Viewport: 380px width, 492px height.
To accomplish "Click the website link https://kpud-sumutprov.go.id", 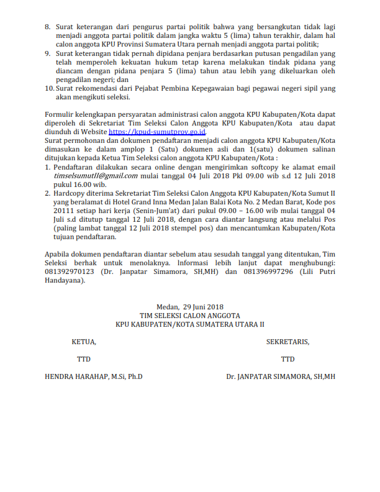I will [x=157, y=132].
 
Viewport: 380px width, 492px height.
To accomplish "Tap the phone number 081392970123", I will [x=70, y=271].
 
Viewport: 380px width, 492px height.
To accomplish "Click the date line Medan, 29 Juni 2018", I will [x=190, y=307].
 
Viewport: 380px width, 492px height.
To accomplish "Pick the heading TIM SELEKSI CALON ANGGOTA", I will [x=190, y=315].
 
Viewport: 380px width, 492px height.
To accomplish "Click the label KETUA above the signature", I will [x=84, y=342].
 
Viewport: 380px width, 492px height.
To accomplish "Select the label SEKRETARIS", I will [x=287, y=342].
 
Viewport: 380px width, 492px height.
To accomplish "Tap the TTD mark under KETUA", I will [x=83, y=359].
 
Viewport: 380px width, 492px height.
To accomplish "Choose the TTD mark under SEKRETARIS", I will [x=287, y=359].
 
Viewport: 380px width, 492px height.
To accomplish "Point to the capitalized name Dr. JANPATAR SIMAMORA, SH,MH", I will [x=281, y=376].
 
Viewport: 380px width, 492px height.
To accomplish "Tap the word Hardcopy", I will [x=70, y=193].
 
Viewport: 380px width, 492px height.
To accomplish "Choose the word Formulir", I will [x=60, y=115].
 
